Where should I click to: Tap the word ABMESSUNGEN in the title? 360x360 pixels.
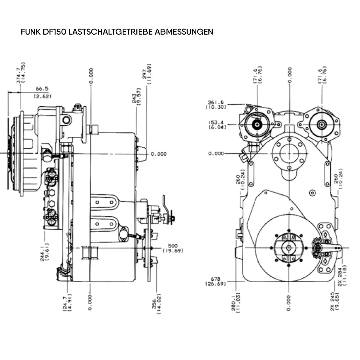point(184,32)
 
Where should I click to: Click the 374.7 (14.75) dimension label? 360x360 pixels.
point(21,73)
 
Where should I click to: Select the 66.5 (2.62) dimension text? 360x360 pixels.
point(42,92)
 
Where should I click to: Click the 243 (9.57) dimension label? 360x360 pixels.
point(137,96)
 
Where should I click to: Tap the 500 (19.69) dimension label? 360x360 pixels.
point(173,248)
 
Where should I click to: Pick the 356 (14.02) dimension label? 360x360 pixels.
point(156,304)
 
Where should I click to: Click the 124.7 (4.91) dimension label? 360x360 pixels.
point(67,303)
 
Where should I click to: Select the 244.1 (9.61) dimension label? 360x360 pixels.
point(45,252)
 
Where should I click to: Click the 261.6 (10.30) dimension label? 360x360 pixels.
point(216,105)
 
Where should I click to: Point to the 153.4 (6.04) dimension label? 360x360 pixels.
point(217,125)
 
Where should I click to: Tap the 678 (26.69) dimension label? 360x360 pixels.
point(215,281)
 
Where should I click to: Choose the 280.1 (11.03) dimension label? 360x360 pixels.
point(236,303)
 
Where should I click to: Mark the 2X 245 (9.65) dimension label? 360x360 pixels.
point(335,301)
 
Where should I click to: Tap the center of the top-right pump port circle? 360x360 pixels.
point(321,124)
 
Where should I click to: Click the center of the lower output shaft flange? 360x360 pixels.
point(289,248)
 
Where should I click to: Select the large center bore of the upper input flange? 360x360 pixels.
point(289,154)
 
